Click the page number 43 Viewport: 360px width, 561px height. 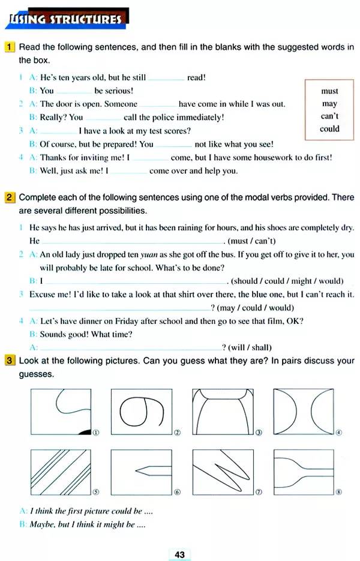[180, 554]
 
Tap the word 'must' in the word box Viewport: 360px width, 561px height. [329, 91]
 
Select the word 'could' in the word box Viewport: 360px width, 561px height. [329, 128]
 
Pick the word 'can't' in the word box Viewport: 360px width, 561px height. [329, 116]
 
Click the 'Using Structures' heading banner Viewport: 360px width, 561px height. [65, 19]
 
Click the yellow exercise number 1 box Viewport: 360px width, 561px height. [10, 47]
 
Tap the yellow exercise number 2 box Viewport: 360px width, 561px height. [10, 197]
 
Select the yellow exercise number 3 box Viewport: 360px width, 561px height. [10, 361]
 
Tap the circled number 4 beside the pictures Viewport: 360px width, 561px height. [339, 433]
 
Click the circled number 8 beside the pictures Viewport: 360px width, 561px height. [339, 493]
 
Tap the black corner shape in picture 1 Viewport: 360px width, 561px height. [85, 430]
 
